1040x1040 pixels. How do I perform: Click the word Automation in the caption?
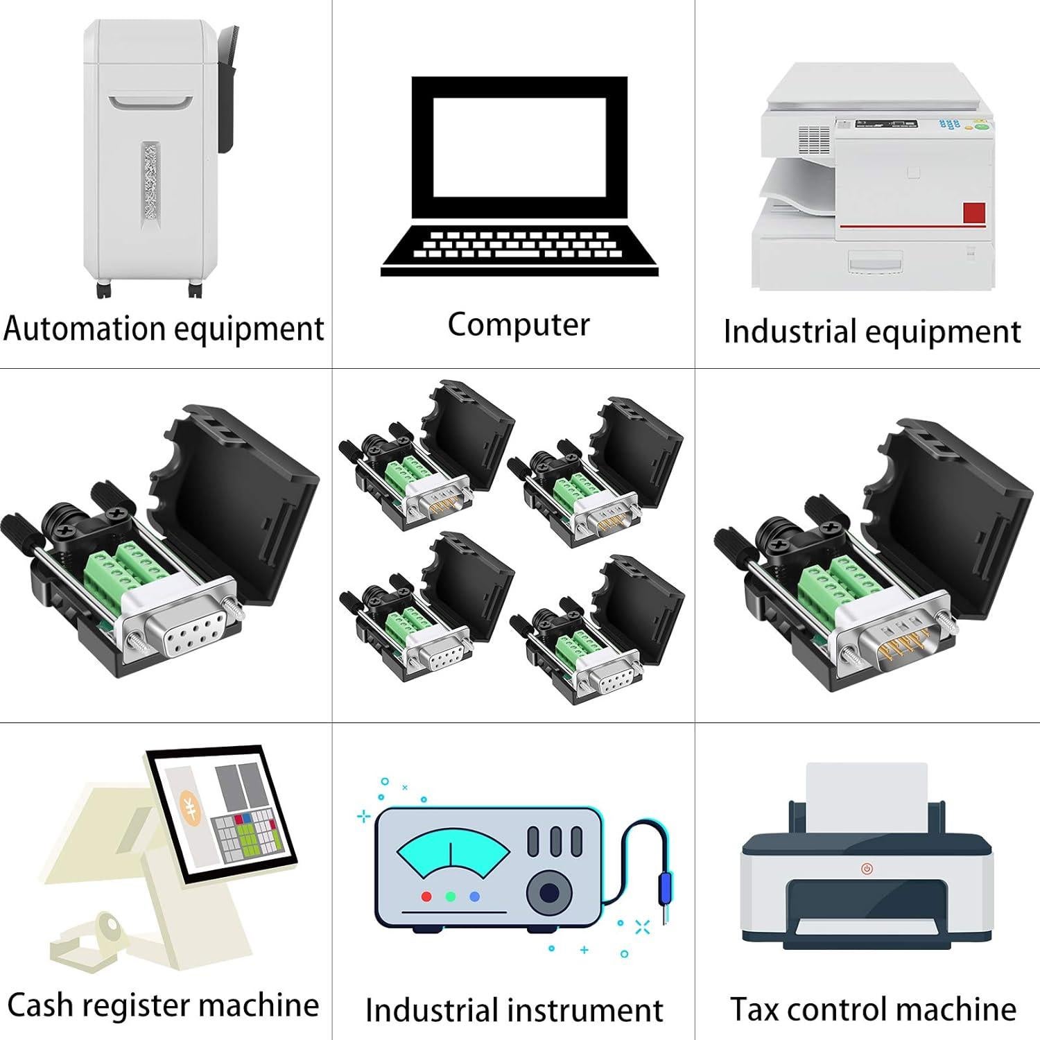point(83,328)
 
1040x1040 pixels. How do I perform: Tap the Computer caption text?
point(519,324)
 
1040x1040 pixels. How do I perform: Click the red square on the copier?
point(974,213)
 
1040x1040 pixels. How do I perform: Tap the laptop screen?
point(519,147)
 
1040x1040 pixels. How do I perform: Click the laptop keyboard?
point(519,245)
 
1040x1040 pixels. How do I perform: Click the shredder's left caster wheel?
point(103,291)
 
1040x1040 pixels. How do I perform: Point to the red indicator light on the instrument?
point(426,896)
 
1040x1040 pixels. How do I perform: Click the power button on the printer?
point(867,868)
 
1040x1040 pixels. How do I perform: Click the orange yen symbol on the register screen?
point(189,807)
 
